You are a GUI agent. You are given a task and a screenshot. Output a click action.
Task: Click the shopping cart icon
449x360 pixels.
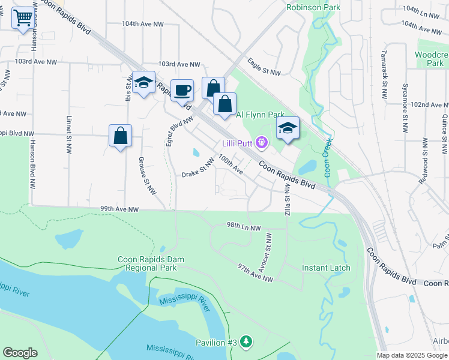tap(23, 18)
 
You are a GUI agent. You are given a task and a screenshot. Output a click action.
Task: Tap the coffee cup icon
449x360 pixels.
tap(182, 91)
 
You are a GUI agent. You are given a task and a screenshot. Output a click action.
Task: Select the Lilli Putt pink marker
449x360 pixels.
tap(261, 142)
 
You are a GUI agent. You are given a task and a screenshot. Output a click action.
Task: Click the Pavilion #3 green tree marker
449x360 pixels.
tap(246, 342)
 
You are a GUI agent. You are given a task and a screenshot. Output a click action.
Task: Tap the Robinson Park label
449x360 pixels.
tap(313, 8)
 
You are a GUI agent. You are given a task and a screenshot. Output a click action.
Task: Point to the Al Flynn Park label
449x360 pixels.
tap(260, 115)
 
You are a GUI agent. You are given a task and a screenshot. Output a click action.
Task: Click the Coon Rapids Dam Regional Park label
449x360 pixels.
tap(151, 263)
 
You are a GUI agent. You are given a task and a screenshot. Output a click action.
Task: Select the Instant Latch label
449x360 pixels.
tap(326, 268)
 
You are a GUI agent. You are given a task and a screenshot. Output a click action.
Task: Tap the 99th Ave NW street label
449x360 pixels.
tap(119, 209)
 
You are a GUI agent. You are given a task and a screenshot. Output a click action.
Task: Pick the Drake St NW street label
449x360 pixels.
tap(198, 169)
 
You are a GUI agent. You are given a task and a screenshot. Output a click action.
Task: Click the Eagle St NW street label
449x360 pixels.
tap(264, 66)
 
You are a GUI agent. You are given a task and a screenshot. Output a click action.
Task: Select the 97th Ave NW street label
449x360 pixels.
tap(256, 272)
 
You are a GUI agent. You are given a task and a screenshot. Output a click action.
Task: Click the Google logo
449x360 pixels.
tap(20, 353)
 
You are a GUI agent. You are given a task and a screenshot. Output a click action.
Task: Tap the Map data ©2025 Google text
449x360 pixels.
tap(411, 355)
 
